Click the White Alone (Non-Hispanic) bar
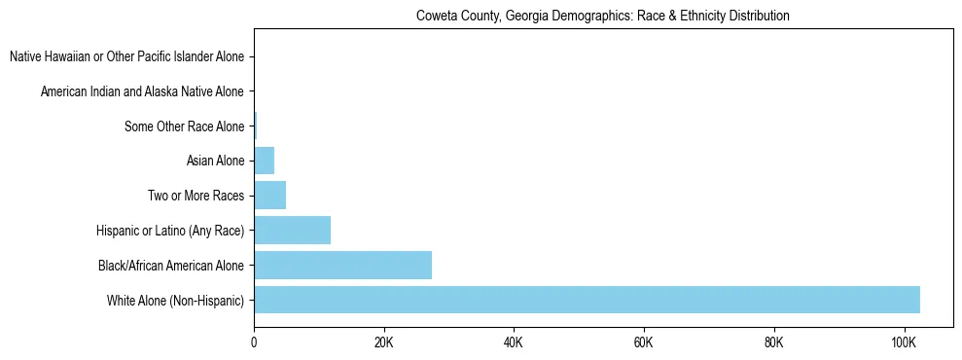tap(587, 300)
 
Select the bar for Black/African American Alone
tap(342, 265)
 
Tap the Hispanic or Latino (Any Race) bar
tap(292, 231)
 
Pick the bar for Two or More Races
tap(269, 196)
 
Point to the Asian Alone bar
tap(264, 161)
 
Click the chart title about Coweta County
tap(602, 16)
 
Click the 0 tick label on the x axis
tap(254, 342)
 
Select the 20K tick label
tap(384, 342)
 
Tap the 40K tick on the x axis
tap(514, 342)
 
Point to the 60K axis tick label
tap(644, 342)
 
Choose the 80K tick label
tap(774, 342)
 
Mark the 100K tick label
tap(904, 342)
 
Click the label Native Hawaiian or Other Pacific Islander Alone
tap(127, 57)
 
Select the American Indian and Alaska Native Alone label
tap(143, 91)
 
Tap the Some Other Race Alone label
tap(185, 126)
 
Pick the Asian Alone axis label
tap(215, 162)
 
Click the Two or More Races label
tap(196, 196)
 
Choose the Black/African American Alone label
tap(172, 266)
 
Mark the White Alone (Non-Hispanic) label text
tap(176, 300)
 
